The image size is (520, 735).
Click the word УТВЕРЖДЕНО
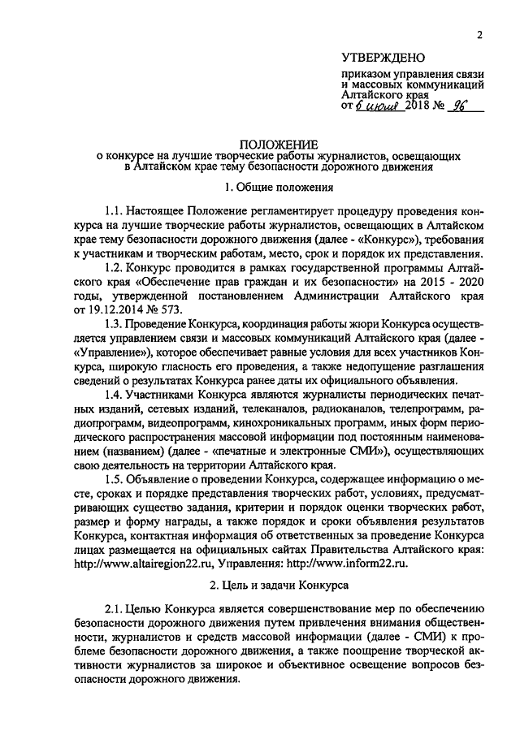click(383, 59)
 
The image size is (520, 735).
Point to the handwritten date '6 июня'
click(377, 106)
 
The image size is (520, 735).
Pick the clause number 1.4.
click(115, 394)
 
